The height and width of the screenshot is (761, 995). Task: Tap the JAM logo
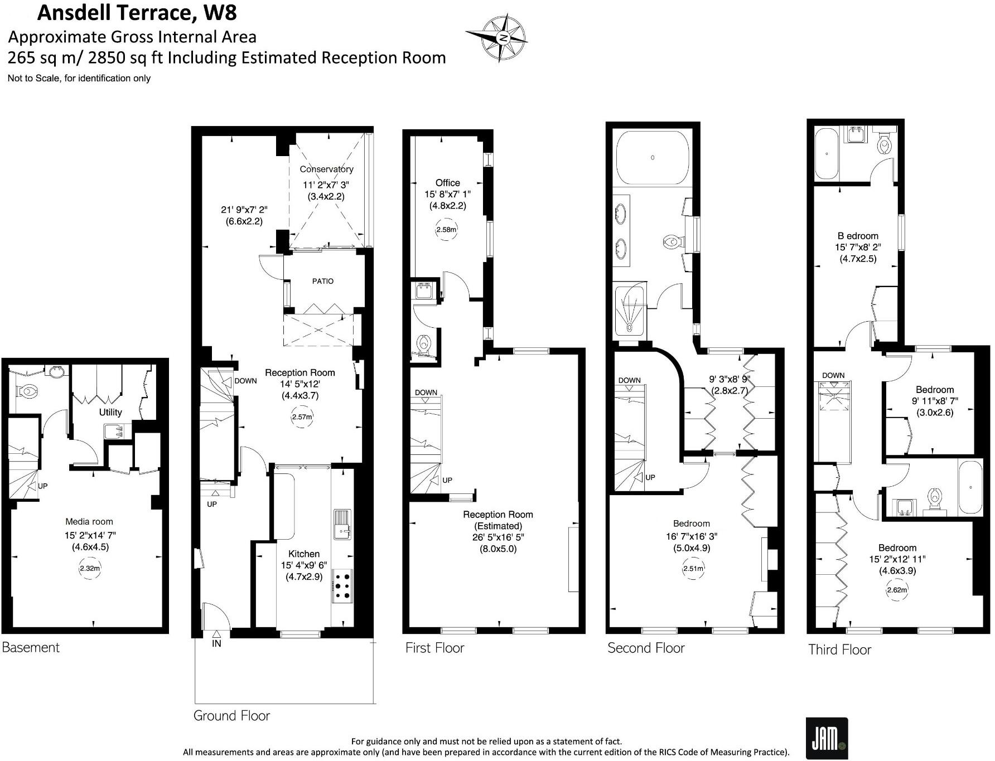point(827,738)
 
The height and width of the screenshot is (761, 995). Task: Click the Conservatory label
point(326,169)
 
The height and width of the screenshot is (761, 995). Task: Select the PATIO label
point(323,281)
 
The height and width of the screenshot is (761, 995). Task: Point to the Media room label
point(89,522)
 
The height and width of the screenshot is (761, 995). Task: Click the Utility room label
point(110,412)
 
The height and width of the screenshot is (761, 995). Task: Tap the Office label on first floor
point(448,183)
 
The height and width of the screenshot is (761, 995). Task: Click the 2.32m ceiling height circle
point(90,569)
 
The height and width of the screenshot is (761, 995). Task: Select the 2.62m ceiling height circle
point(897,590)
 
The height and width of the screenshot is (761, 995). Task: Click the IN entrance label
point(216,643)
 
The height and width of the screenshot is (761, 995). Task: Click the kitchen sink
point(342,524)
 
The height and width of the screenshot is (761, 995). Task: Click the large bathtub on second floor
point(653,157)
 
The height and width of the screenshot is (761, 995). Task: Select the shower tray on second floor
point(630,312)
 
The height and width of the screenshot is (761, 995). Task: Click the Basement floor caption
point(31,647)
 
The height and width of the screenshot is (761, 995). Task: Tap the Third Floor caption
point(840,649)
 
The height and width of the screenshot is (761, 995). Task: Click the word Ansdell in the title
point(74,13)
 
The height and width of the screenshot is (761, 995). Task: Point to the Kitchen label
point(304,554)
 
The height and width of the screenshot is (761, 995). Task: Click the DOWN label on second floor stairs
point(630,380)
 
